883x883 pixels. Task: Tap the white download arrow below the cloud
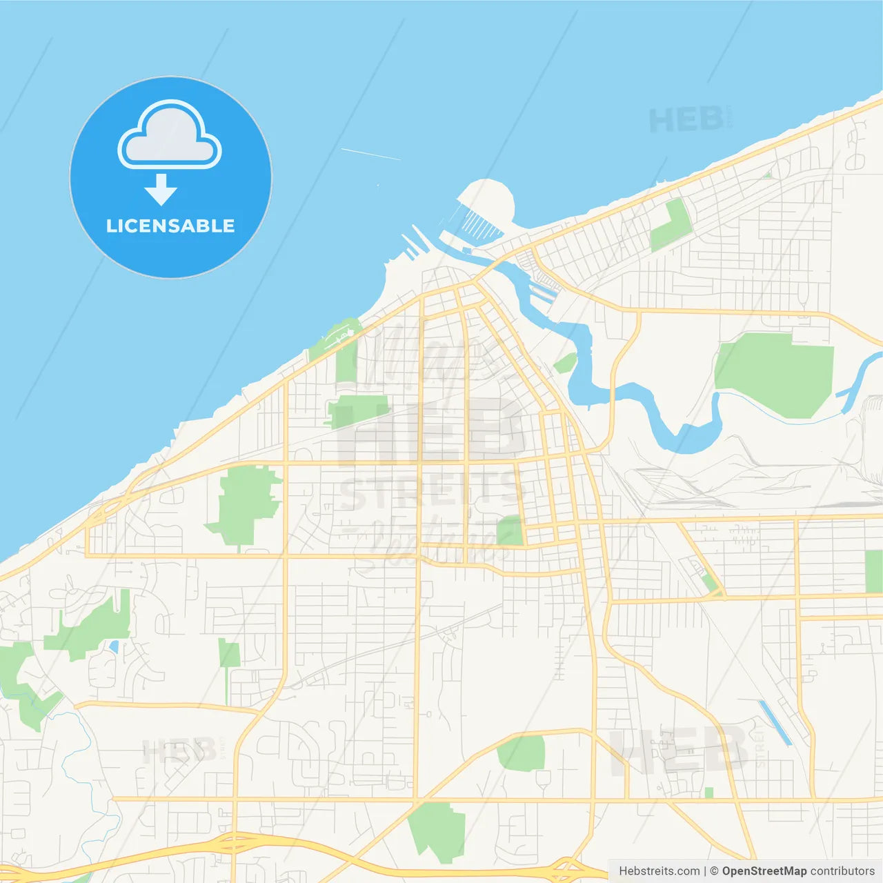pos(161,190)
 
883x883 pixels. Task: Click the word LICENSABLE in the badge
pos(170,226)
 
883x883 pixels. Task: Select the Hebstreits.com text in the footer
pos(659,871)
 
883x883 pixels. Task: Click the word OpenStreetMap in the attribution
pos(764,871)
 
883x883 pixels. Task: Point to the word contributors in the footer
pos(842,871)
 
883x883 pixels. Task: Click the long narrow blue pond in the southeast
pos(775,722)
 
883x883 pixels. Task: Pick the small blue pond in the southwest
pos(114,647)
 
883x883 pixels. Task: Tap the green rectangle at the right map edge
pos(873,571)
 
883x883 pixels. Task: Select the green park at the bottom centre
pos(437,831)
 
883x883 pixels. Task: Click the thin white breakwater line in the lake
pos(370,154)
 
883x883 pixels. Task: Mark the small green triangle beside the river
pos(565,363)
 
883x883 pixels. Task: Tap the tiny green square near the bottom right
pos(708,793)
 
